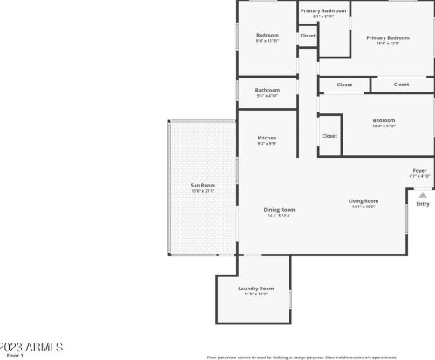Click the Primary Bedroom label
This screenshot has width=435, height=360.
(387, 37)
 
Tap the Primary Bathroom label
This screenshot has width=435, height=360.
(323, 10)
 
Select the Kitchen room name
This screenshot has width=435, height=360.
(267, 138)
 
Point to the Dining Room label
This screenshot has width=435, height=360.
(279, 209)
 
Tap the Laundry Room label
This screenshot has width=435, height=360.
(255, 289)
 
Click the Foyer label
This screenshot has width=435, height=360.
(419, 170)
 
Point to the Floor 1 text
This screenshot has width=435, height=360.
(15, 356)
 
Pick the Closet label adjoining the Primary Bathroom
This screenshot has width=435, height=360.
(308, 36)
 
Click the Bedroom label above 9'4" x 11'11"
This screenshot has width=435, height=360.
(267, 35)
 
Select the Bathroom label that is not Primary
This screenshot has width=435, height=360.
(267, 90)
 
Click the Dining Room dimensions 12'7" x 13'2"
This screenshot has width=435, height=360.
(279, 214)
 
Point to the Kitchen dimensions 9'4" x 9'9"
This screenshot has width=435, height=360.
(267, 143)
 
